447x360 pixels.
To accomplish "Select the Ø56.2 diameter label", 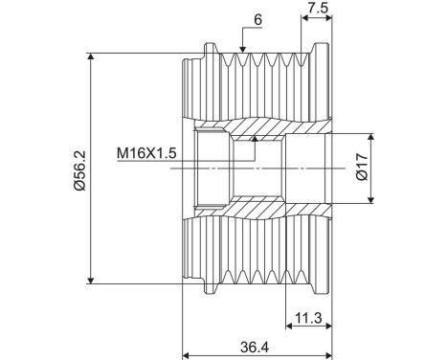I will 78,167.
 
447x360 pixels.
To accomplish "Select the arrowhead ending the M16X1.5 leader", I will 254,141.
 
